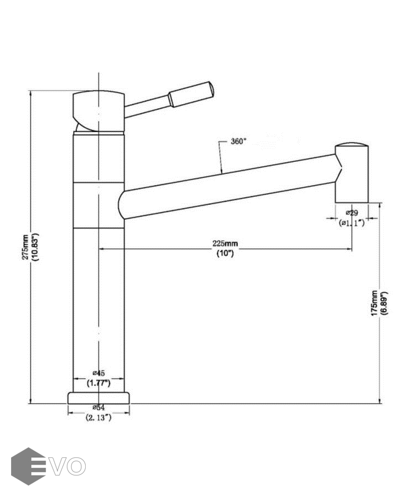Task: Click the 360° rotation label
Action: (238, 141)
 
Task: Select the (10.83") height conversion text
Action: (35, 247)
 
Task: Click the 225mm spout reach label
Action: (225, 244)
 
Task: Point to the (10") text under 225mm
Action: (225, 253)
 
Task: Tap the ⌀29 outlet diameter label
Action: (352, 213)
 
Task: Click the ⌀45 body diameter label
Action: (99, 373)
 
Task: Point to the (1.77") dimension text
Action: (99, 382)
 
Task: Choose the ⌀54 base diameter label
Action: (99, 408)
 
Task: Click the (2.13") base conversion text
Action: (99, 418)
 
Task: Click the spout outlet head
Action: (352, 172)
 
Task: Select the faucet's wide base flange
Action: (99, 398)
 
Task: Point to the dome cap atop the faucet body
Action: (98, 109)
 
